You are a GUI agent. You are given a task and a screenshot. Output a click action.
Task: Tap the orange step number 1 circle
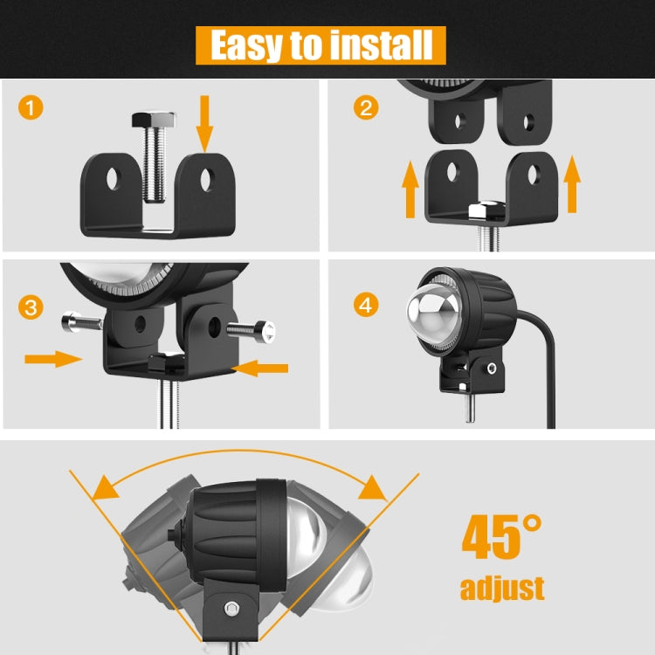(x=31, y=109)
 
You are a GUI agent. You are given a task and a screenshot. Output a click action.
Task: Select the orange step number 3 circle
(x=31, y=307)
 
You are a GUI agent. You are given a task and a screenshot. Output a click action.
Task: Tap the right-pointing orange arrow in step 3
(x=52, y=357)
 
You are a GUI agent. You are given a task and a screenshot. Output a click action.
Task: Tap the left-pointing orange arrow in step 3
(x=263, y=369)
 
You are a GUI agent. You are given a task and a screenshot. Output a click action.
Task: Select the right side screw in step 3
(x=253, y=331)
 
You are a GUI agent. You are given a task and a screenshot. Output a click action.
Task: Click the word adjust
(x=501, y=588)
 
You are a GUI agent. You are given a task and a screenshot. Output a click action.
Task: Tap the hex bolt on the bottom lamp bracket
(x=231, y=608)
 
